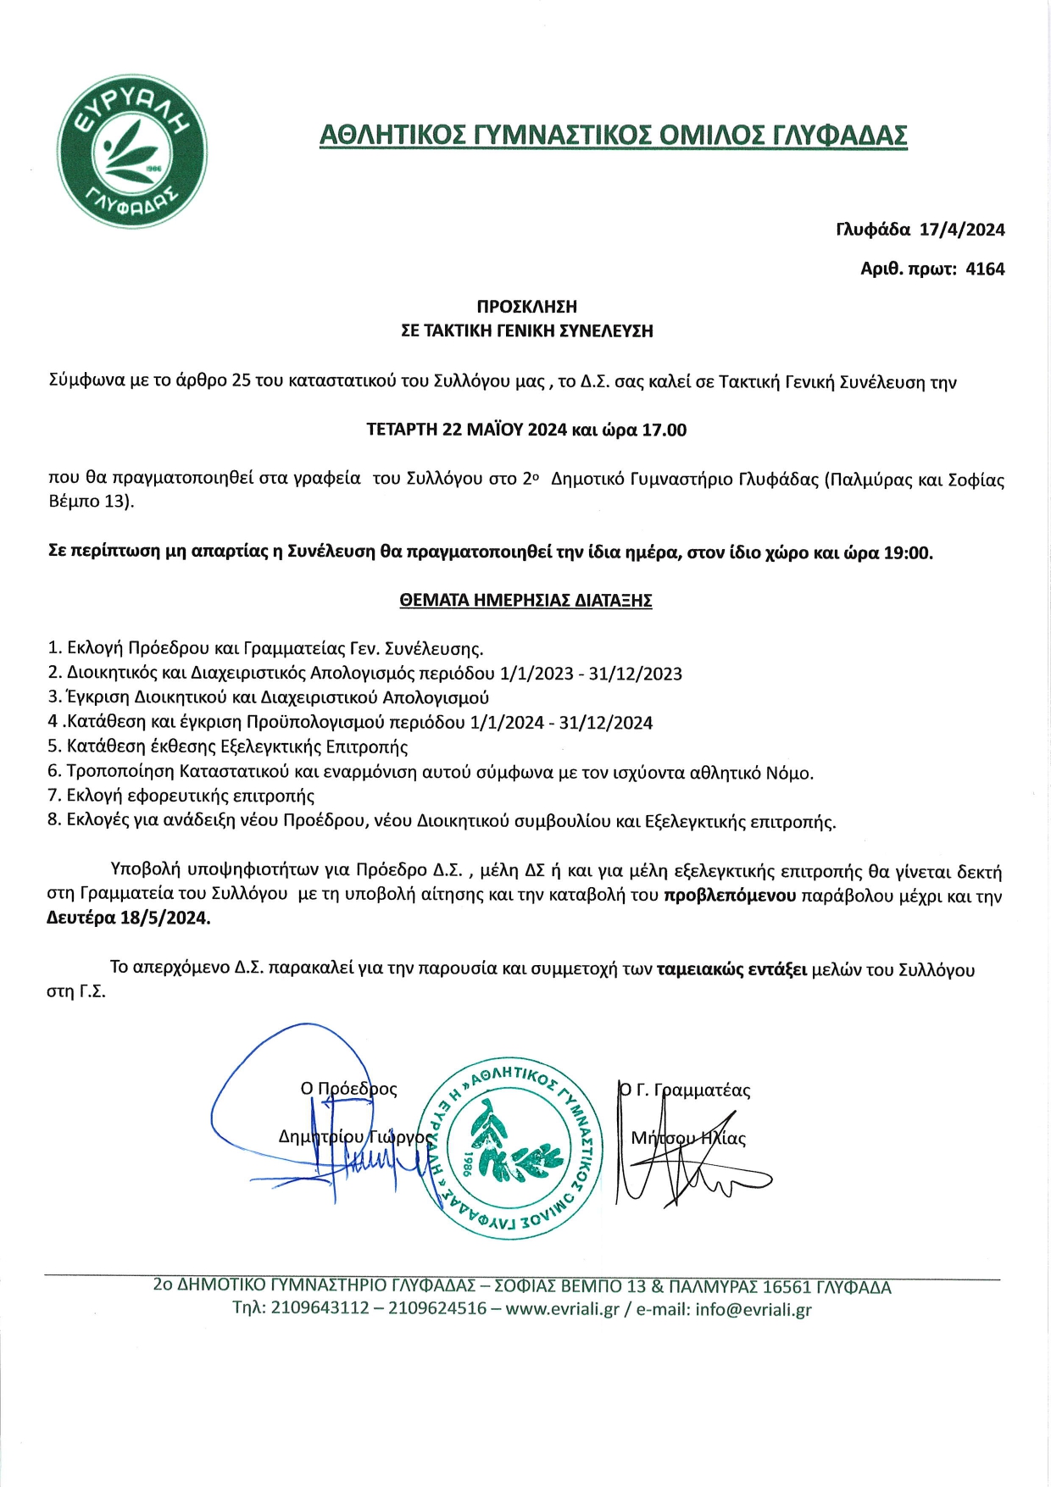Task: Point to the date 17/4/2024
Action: click(962, 230)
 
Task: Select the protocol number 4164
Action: click(985, 269)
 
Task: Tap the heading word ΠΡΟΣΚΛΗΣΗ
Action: click(526, 307)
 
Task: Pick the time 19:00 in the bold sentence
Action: click(908, 553)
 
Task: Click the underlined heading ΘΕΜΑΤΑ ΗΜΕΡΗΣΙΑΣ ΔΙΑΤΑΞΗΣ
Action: click(525, 601)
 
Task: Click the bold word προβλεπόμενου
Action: click(730, 896)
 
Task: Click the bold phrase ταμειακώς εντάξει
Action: click(731, 969)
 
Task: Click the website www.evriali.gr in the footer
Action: click(562, 1308)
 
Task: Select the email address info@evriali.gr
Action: click(753, 1308)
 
